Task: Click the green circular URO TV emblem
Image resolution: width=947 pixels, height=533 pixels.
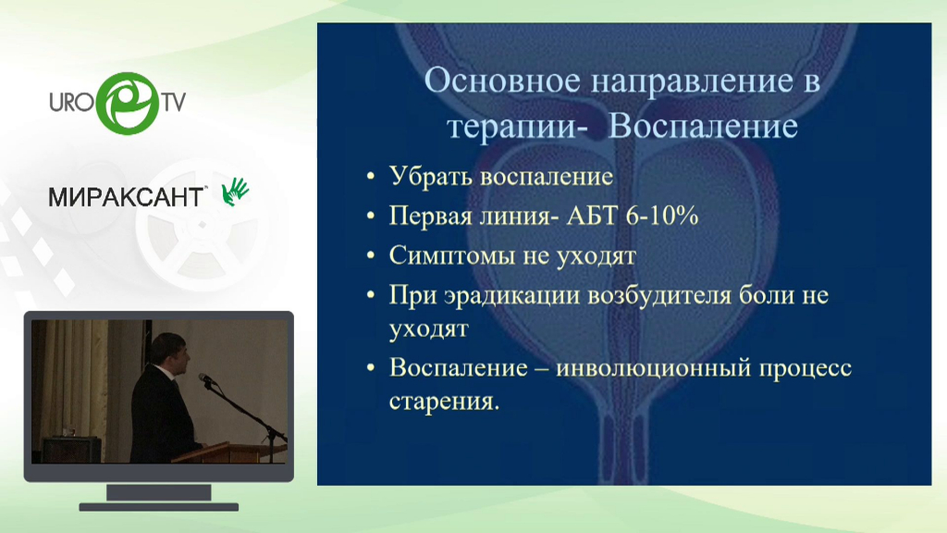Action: click(128, 103)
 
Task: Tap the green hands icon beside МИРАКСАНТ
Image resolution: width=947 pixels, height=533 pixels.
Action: click(235, 192)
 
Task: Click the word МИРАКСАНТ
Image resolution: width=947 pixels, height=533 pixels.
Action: click(126, 197)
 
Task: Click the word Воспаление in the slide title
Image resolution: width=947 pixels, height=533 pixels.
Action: click(703, 126)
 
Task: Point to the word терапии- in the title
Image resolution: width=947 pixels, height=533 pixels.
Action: click(517, 128)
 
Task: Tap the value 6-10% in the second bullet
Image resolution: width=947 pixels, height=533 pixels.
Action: click(662, 216)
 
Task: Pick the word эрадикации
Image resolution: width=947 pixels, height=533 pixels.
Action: click(512, 297)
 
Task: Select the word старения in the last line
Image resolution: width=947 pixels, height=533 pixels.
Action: click(444, 402)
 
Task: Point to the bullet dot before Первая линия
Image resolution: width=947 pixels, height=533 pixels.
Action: click(370, 216)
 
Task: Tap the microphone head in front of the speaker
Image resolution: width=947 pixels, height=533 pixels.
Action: click(205, 378)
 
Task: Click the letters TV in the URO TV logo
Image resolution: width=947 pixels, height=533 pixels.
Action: click(173, 102)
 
